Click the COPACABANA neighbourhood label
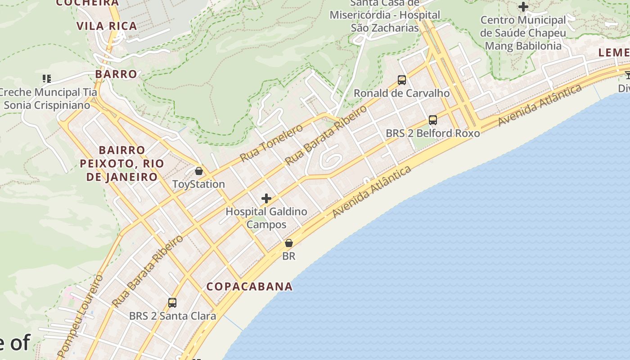[x=249, y=287]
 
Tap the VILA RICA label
[x=107, y=26]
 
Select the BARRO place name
[x=116, y=74]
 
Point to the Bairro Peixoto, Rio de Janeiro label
[x=122, y=163]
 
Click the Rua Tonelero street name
[x=271, y=143]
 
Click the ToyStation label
[x=198, y=184]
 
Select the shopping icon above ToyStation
[x=198, y=171]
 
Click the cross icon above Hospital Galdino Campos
[x=266, y=198]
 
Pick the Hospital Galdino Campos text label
[x=266, y=218]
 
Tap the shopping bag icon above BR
[x=288, y=243]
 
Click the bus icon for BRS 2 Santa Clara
[x=172, y=303]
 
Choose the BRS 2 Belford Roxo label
[x=433, y=133]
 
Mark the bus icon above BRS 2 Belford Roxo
[x=433, y=120]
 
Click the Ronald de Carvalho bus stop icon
[x=402, y=80]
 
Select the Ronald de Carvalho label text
[x=402, y=93]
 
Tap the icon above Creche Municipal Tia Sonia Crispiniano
[x=47, y=79]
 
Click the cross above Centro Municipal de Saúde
[x=523, y=7]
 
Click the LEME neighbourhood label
[x=614, y=53]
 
